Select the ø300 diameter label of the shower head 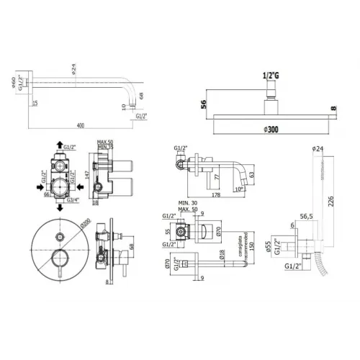[x=272, y=128]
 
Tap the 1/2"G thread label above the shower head [x=271, y=75]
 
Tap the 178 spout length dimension [x=215, y=192]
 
